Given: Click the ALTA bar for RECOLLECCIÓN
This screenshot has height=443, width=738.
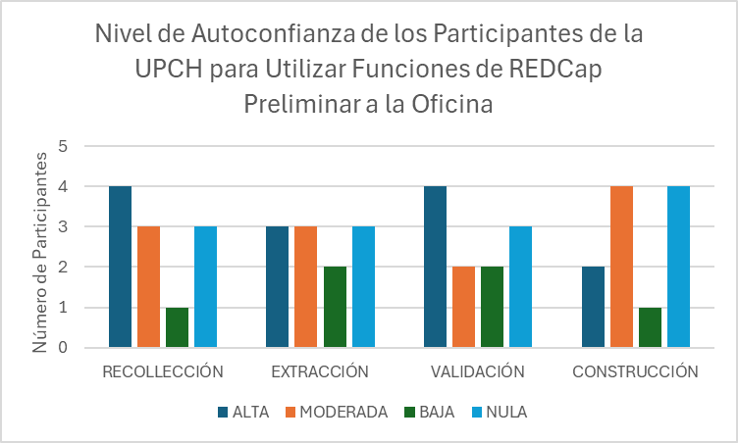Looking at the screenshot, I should click(120, 267).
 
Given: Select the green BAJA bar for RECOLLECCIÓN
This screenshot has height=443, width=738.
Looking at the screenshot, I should click(177, 327).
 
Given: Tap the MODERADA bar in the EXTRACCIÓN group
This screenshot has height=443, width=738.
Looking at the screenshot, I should click(306, 286).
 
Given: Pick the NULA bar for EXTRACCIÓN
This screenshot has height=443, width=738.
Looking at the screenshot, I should click(363, 286).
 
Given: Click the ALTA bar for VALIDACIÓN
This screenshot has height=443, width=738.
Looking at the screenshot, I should click(436, 267).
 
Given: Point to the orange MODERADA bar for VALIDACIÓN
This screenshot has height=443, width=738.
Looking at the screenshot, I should click(464, 307).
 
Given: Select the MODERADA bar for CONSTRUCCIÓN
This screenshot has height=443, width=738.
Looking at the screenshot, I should click(621, 267).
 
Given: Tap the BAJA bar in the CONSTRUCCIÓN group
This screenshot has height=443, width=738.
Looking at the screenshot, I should click(650, 327).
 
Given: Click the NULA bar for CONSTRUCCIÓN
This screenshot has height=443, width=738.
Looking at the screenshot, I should click(678, 267).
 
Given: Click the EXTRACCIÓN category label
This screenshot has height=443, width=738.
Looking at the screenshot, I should click(320, 371).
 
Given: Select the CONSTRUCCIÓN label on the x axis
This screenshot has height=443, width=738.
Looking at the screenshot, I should click(635, 371).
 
